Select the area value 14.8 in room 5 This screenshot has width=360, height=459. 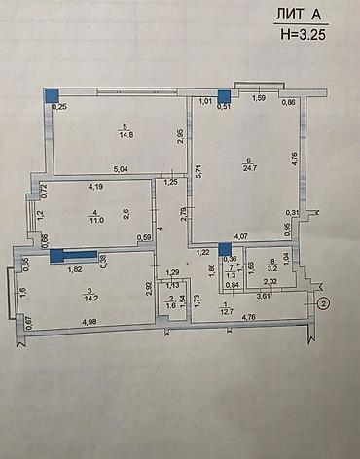125,134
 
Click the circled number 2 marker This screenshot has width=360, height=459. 323,302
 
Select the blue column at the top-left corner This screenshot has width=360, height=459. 51,95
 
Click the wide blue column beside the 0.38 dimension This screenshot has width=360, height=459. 74,256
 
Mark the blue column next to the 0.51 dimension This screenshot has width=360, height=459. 223,95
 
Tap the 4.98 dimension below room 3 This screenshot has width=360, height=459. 90,322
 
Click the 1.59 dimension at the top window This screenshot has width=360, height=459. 259,98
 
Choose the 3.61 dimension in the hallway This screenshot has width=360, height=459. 264,295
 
